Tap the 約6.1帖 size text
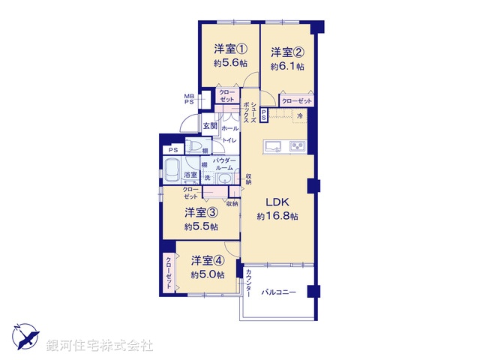pyautogui.click(x=289, y=66)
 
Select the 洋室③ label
pyautogui.click(x=201, y=212)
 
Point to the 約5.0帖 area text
pyautogui.click(x=207, y=274)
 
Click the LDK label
pyautogui.click(x=272, y=201)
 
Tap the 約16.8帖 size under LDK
pyautogui.click(x=277, y=216)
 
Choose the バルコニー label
pyautogui.click(x=280, y=292)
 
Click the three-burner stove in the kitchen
pyautogui.click(x=298, y=144)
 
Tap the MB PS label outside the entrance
pyautogui.click(x=190, y=98)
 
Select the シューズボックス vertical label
pyautogui.click(x=254, y=112)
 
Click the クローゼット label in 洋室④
pyautogui.click(x=169, y=273)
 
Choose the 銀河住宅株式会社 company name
pyautogui.click(x=100, y=346)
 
